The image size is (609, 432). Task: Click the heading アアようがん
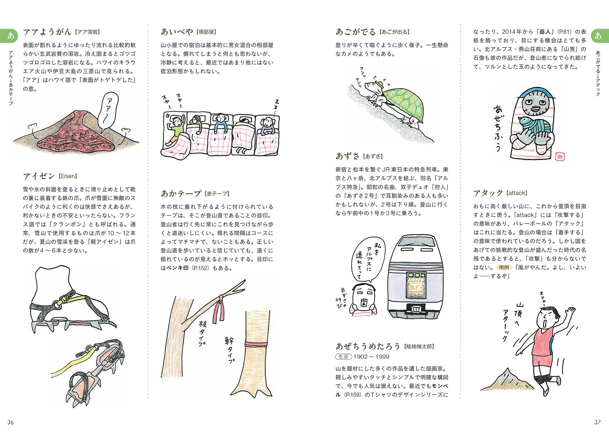click(47, 32)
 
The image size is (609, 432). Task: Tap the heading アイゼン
click(39, 176)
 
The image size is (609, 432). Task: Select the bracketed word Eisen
click(68, 176)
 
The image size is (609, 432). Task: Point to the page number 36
click(10, 422)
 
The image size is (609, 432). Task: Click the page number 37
click(597, 422)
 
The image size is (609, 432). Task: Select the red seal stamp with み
click(560, 156)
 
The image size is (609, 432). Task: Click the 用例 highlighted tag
click(504, 267)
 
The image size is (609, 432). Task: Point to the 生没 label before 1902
click(343, 357)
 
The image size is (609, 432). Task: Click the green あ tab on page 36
click(11, 36)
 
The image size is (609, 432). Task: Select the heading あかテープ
click(181, 194)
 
